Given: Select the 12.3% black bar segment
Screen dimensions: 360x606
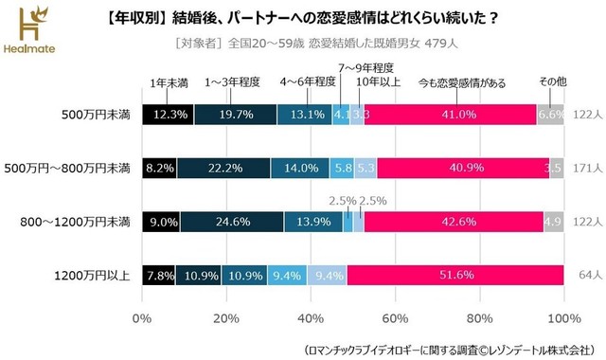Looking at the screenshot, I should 168,114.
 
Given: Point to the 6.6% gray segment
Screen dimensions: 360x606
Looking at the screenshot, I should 550,114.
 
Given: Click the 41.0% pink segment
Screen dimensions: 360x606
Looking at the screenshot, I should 450,114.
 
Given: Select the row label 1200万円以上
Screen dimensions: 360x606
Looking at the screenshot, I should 93,276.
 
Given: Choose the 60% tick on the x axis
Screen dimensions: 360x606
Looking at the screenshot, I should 396,317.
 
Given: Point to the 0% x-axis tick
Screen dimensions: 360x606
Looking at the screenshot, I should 143,317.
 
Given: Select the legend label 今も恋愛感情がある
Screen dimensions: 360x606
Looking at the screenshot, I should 455,81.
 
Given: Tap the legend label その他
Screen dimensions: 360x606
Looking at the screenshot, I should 552,81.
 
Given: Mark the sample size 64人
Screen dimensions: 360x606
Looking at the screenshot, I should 588,276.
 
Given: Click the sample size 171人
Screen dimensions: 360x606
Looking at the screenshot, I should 588,168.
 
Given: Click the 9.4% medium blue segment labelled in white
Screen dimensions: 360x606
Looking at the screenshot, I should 287,276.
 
